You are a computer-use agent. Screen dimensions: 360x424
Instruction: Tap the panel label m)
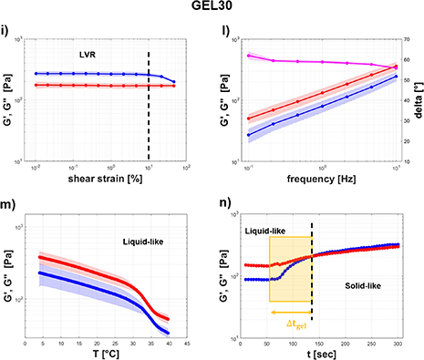(x=7, y=203)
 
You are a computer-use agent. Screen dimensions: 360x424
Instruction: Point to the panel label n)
(x=222, y=203)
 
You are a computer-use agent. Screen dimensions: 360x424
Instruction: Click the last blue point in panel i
(x=174, y=83)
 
